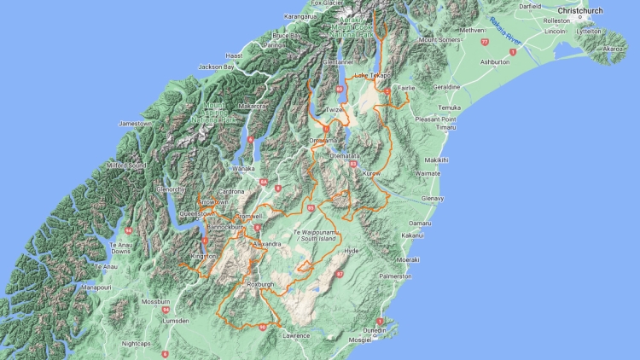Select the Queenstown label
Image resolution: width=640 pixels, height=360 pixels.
(x=196, y=213)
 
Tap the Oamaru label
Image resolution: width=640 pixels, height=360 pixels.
(x=419, y=223)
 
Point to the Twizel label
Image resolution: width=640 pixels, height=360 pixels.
(x=334, y=110)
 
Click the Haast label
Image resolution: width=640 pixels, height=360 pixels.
(x=234, y=55)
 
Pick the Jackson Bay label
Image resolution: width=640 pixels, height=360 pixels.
(x=216, y=67)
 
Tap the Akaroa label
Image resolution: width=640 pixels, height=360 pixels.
(x=614, y=49)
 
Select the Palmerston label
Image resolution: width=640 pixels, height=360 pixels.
(x=396, y=276)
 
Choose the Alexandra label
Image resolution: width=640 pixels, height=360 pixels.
(x=266, y=244)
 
